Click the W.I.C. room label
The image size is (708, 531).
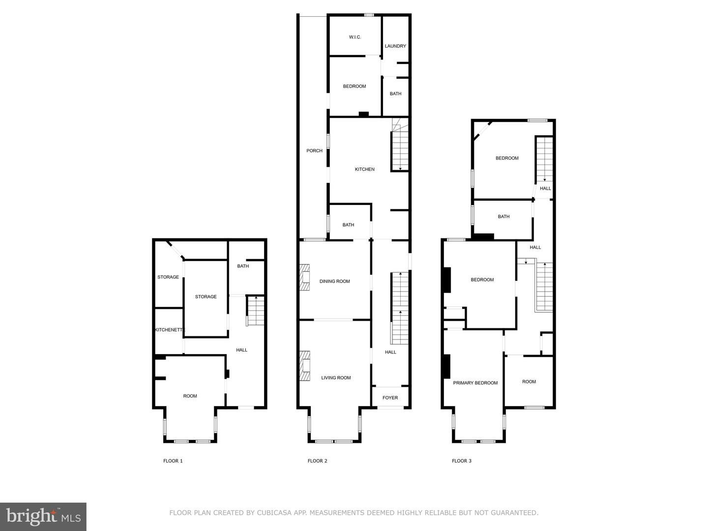pos(355,37)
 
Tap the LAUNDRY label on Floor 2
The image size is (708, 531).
pos(395,46)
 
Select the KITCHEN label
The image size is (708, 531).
pos(365,169)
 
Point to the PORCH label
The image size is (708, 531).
pos(314,151)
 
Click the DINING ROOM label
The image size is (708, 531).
pos(334,281)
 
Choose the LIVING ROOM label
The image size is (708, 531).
pos(336,378)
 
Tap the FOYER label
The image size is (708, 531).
pos(390,398)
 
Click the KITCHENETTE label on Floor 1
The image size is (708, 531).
pos(170,330)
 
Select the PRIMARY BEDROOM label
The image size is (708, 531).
pos(475,383)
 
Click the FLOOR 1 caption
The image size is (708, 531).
pos(173,461)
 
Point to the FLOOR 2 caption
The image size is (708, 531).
pos(317,461)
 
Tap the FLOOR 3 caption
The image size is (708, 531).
pos(462,461)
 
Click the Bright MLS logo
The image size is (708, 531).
pos(43,516)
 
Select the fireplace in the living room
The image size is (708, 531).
pos(305,365)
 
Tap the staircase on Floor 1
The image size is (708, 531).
pos(255,311)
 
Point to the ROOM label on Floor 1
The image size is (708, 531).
pos(190,396)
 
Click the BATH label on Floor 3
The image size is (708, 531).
pos(503,217)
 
